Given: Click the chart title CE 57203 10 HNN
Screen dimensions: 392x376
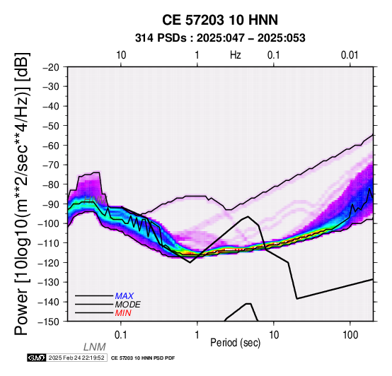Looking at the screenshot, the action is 220,20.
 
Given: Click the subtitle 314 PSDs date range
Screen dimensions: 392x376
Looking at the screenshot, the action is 220,38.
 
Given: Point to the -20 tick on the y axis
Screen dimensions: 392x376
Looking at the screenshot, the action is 51,67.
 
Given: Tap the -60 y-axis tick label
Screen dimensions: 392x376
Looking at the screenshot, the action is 51,146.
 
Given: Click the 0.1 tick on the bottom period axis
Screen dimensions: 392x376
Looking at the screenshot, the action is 121,335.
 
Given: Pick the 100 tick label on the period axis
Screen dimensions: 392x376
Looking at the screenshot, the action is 350,335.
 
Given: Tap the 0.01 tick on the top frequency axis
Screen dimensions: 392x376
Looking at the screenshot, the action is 350,55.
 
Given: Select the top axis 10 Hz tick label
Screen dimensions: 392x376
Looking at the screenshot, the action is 121,55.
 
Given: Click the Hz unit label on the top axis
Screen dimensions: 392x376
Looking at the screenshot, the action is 235,55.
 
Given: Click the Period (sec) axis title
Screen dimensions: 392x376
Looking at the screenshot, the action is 235,343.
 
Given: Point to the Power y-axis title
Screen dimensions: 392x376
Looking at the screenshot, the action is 22,194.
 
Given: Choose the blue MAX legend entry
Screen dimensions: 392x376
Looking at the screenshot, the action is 125,296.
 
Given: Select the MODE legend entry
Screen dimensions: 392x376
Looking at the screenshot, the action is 128,305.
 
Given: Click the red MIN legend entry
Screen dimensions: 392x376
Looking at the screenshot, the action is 123,313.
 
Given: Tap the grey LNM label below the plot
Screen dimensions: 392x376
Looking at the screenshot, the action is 95,347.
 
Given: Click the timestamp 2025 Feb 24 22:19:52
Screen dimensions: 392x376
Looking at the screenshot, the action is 76,358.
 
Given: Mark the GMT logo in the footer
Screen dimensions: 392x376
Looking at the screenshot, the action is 37,358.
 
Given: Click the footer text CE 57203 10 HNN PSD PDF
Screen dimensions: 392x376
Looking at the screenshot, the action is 143,358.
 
